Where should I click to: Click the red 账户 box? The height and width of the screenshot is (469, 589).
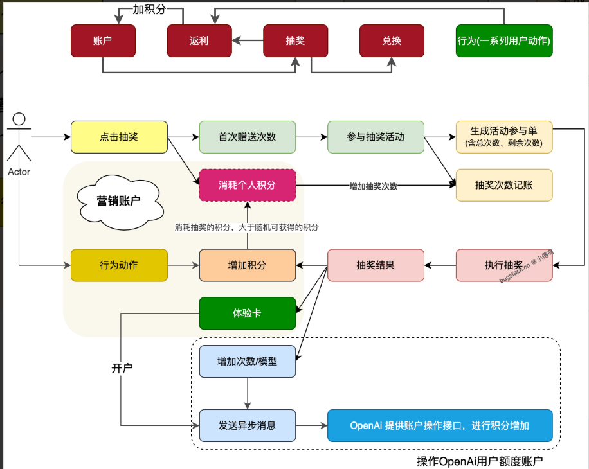103,41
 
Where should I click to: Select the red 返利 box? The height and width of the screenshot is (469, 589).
199,41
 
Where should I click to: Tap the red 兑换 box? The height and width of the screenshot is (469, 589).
392,41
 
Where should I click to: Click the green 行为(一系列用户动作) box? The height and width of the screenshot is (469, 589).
504,41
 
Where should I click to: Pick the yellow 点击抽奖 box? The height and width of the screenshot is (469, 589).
119,137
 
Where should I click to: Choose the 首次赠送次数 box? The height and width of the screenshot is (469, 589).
247,137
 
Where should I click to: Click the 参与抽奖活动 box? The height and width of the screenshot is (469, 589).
376,137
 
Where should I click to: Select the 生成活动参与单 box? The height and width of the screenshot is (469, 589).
504,137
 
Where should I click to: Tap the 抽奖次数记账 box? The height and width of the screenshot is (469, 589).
504,185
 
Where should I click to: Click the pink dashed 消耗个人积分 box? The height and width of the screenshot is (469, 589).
247,185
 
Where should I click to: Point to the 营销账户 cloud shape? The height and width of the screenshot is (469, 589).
120,202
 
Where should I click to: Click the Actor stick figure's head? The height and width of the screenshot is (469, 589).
19,119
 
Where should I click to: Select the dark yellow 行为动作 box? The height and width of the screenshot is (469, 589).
119,265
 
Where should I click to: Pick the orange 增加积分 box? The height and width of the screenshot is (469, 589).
247,265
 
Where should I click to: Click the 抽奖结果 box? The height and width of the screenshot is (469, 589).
376,265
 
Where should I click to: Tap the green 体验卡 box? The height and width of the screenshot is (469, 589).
247,314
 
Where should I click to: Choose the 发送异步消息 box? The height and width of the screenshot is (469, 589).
247,425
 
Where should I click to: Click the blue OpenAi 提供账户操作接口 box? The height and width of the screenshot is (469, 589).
440,425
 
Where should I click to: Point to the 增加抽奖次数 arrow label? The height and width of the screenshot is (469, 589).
374,186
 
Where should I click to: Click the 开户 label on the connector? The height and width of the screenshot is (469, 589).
122,368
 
